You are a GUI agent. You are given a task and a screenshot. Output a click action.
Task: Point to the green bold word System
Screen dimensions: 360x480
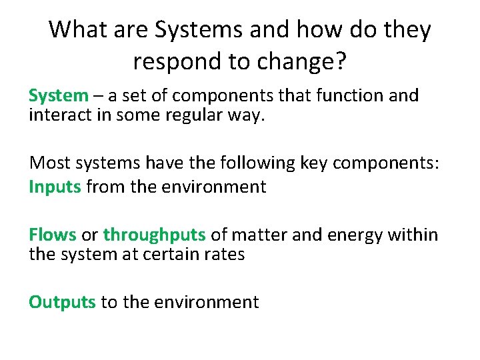[x=58, y=96]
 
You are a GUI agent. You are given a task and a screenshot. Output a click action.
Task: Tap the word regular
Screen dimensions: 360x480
[x=189, y=115]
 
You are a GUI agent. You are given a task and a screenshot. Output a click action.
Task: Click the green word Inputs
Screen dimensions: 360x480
[x=55, y=187]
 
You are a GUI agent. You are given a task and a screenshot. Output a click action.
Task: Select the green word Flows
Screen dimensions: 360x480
[x=52, y=235]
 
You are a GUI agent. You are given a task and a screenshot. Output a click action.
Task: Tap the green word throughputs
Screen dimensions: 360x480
[x=154, y=235]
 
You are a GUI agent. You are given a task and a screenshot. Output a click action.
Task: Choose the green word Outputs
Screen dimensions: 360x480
[x=62, y=302]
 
